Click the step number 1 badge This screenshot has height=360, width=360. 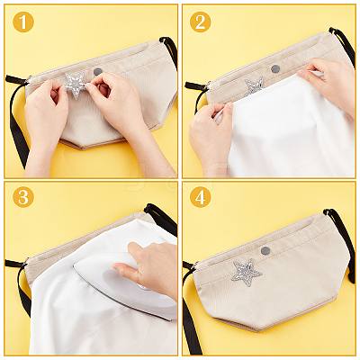23,22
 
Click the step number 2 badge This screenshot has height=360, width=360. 200,22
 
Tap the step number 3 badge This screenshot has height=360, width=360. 23,197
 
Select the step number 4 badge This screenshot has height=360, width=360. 200,197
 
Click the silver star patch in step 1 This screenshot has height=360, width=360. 75,85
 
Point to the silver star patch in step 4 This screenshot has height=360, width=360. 247,273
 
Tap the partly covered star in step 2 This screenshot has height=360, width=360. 255,85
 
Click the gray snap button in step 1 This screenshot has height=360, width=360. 98,71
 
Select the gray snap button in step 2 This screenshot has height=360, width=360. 275,69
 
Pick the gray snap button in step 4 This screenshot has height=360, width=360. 265,250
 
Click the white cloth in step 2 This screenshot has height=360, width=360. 288,129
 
